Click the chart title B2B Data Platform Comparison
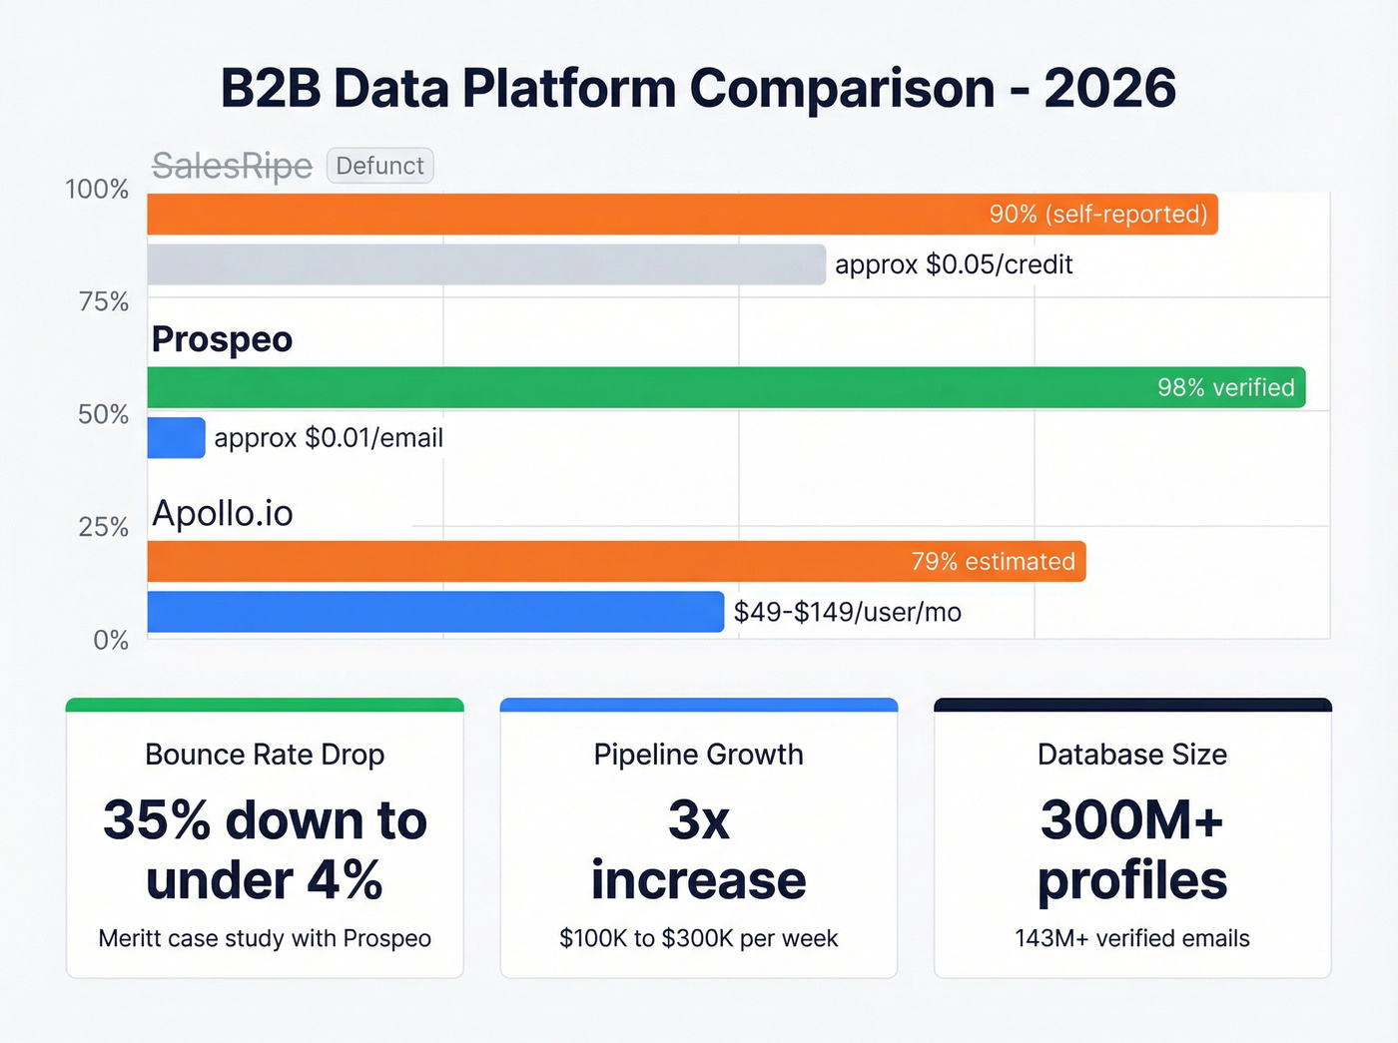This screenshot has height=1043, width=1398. tap(698, 88)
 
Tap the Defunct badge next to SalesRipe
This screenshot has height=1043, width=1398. tap(379, 166)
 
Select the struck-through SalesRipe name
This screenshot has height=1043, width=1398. tap(232, 166)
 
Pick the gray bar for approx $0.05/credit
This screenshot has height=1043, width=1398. tap(486, 264)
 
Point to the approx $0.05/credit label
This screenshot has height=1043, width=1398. tap(954, 264)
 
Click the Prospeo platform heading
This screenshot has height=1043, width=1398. tap(222, 339)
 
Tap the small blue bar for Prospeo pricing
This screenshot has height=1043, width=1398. tap(176, 438)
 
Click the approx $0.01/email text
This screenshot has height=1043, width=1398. tap(329, 438)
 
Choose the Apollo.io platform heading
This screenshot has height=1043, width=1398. tap(222, 513)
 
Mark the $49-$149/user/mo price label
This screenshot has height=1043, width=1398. tap(847, 612)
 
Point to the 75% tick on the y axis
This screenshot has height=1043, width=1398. tap(103, 301)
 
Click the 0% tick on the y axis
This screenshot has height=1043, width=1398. tap(111, 640)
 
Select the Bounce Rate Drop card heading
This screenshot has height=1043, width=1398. tap(265, 755)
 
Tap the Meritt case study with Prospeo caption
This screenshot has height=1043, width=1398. tap(265, 938)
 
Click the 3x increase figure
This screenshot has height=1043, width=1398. tap(698, 849)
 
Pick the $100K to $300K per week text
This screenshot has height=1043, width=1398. tap(698, 938)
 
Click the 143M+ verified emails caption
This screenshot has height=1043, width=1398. tap(1131, 938)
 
